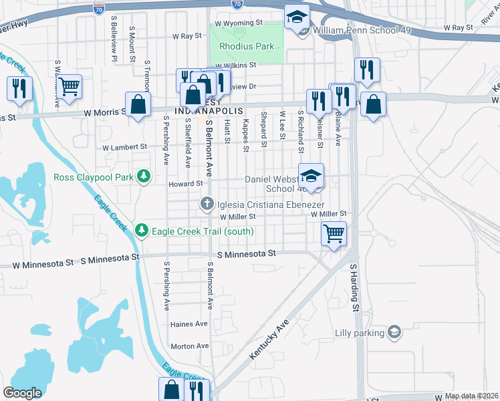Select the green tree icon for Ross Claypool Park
tap(143, 176)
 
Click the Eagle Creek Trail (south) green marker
tap(141, 231)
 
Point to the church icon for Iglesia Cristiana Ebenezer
tap(207, 203)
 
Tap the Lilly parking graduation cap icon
tap(394, 331)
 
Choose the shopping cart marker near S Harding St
tap(333, 234)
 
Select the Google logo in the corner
tap(23, 392)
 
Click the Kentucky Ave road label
tap(273, 341)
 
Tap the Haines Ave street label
tap(189, 324)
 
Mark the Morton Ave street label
tap(190, 346)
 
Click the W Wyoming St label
tap(236, 23)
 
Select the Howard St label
tap(185, 183)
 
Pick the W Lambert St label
tap(124, 147)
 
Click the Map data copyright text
tap(471, 396)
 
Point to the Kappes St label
tap(246, 134)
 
